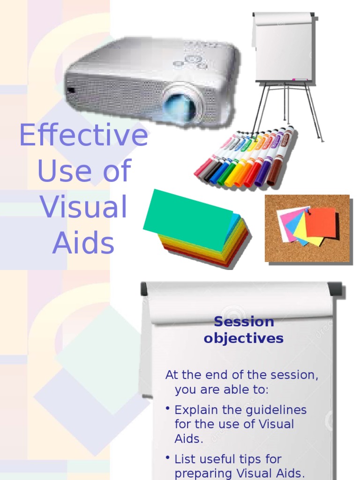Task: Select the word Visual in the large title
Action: click(83, 207)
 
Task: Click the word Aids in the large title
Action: click(83, 243)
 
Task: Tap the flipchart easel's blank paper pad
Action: click(284, 47)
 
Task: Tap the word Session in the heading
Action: click(244, 322)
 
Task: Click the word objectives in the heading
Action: click(244, 338)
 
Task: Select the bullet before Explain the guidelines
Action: click(167, 409)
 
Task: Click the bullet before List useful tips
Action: click(167, 457)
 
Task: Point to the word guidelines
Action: click(280, 410)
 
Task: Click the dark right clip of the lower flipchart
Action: click(335, 289)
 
